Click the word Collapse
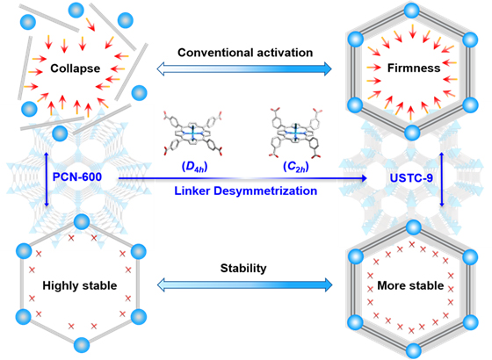[76, 68]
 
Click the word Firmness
[414, 68]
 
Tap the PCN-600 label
[77, 176]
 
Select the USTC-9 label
[411, 177]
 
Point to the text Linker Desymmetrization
[246, 191]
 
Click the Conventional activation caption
[245, 53]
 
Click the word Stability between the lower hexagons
[243, 268]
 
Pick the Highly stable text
[80, 285]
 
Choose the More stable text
[410, 285]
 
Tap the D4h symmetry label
[194, 167]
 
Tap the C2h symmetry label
[296, 167]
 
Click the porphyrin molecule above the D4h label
[192, 133]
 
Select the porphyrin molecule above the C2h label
[295, 133]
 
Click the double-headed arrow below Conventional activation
[244, 68]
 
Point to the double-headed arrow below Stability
[244, 284]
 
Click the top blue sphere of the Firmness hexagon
[411, 11]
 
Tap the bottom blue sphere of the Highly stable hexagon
[82, 345]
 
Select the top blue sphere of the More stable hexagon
[413, 227]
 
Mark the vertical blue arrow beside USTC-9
[442, 179]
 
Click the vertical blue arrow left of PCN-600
[47, 179]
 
